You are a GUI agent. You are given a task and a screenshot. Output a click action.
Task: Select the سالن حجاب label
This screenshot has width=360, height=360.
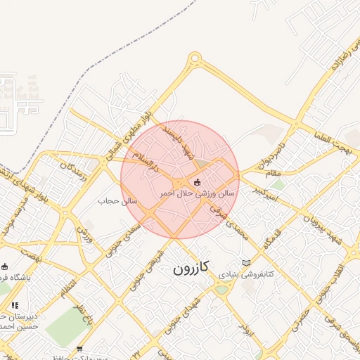(x=111, y=202)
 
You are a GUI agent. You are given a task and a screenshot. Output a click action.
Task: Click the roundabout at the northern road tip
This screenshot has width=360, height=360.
(x=194, y=59)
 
